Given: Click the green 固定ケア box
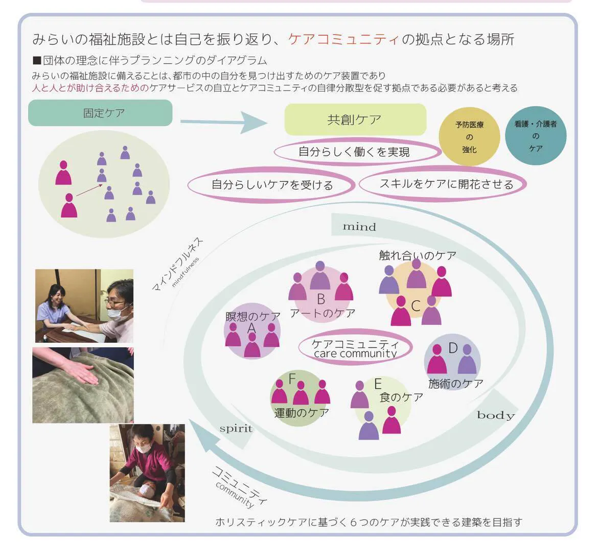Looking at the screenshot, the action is tap(100, 113).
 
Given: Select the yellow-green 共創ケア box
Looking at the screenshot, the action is tap(355, 120).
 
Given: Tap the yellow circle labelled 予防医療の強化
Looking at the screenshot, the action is tap(469, 136).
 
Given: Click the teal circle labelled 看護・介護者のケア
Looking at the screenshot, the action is tap(536, 136).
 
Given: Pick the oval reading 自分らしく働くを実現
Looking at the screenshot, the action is tap(357, 152).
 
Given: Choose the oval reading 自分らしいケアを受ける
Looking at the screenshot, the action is tap(271, 185).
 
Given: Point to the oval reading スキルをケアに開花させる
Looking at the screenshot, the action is tap(443, 184).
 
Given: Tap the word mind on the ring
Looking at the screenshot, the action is tap(359, 227).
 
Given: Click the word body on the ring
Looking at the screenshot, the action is tap(495, 415).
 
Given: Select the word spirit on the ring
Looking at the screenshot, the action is tap(236, 429).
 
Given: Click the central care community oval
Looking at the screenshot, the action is tap(355, 348).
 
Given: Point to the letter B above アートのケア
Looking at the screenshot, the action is tap(321, 299).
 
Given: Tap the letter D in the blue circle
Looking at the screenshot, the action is tap(453, 348).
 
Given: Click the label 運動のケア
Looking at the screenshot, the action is tap(301, 412).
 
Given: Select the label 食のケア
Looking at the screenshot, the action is tap(401, 397).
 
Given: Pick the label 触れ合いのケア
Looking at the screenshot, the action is tap(418, 255).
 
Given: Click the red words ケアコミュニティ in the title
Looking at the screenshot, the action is tap(343, 39).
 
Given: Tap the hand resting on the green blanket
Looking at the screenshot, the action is tap(78, 371).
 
